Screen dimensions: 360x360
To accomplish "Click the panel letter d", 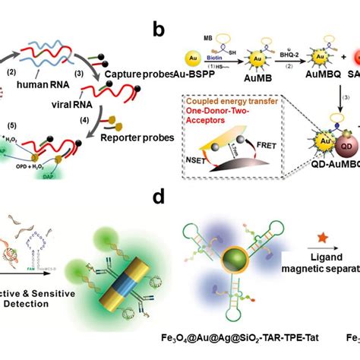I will click(159, 197).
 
